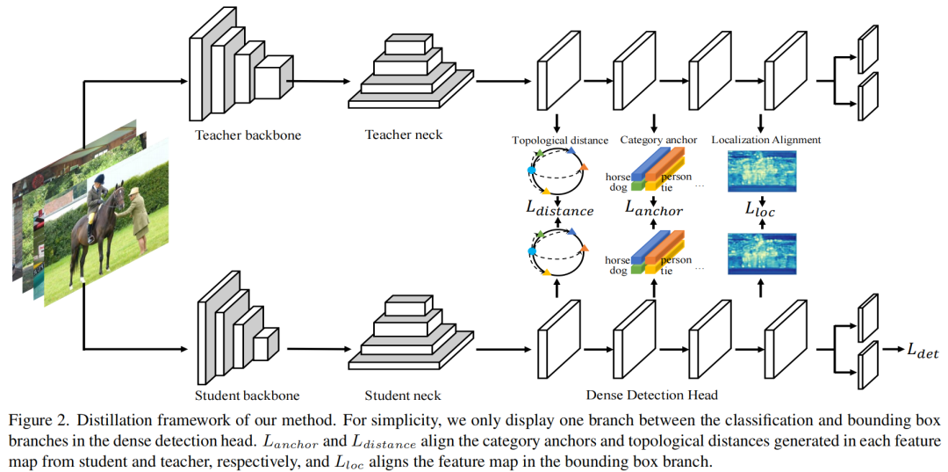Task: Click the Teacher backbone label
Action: [248, 135]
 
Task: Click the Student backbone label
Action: [247, 396]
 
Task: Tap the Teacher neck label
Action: [404, 135]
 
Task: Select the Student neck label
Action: [403, 396]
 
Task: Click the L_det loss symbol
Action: [923, 352]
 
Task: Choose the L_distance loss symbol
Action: [559, 209]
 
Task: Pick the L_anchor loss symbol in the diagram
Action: [654, 208]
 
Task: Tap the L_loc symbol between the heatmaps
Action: [761, 210]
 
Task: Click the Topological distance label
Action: [560, 141]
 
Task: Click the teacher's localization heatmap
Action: [761, 171]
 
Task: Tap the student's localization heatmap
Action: [761, 254]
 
